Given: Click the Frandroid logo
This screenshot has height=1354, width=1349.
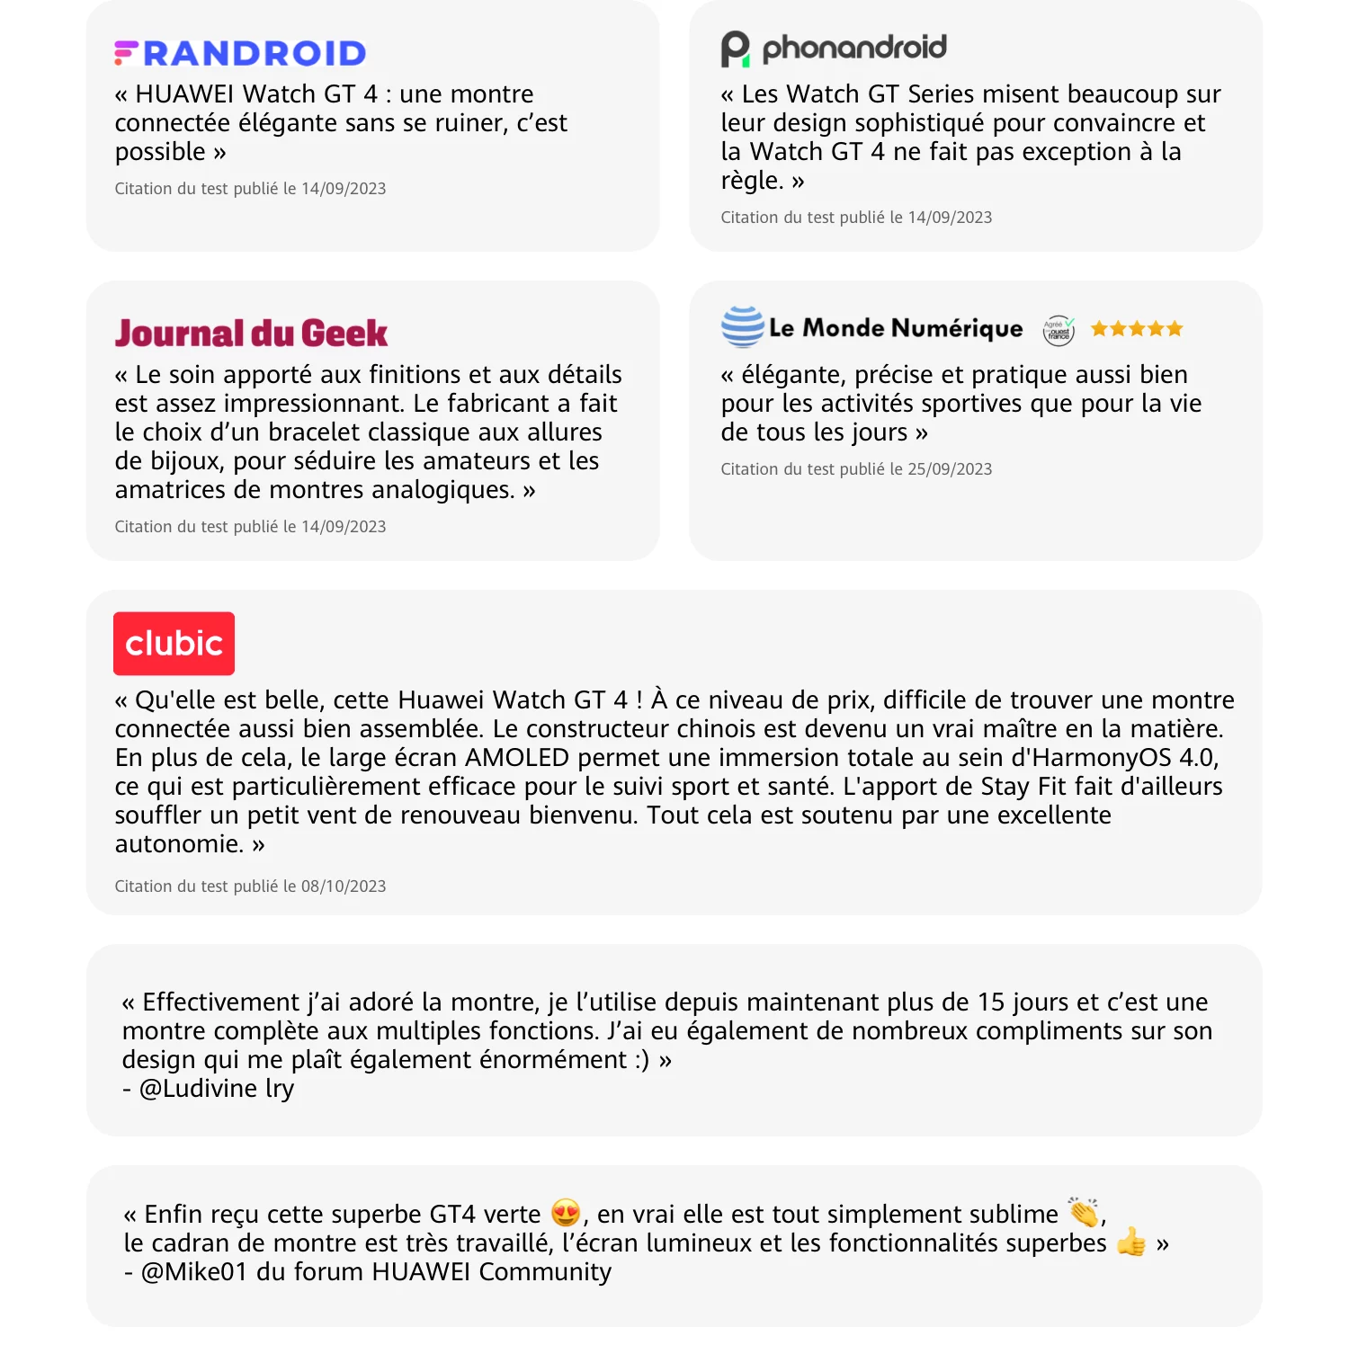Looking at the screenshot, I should tap(240, 53).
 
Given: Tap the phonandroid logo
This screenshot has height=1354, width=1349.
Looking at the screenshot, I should tap(833, 49).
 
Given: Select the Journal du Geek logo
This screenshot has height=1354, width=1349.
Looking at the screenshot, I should tap(251, 334).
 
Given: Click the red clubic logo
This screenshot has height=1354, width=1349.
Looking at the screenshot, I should tap(174, 644).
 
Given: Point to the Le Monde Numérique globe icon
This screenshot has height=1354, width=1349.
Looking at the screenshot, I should tap(742, 327).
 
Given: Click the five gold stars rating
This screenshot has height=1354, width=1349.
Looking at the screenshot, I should tap(1137, 329).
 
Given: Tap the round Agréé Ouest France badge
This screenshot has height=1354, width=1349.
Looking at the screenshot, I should tap(1059, 330).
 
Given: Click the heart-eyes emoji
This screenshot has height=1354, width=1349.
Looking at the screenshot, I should tap(566, 1213).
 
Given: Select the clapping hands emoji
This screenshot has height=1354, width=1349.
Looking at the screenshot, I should tap(1084, 1212).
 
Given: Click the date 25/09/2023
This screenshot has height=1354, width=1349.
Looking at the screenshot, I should tap(950, 469).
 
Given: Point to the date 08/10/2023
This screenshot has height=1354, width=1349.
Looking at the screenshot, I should tap(344, 886).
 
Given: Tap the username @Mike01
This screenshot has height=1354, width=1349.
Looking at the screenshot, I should tap(193, 1272).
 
